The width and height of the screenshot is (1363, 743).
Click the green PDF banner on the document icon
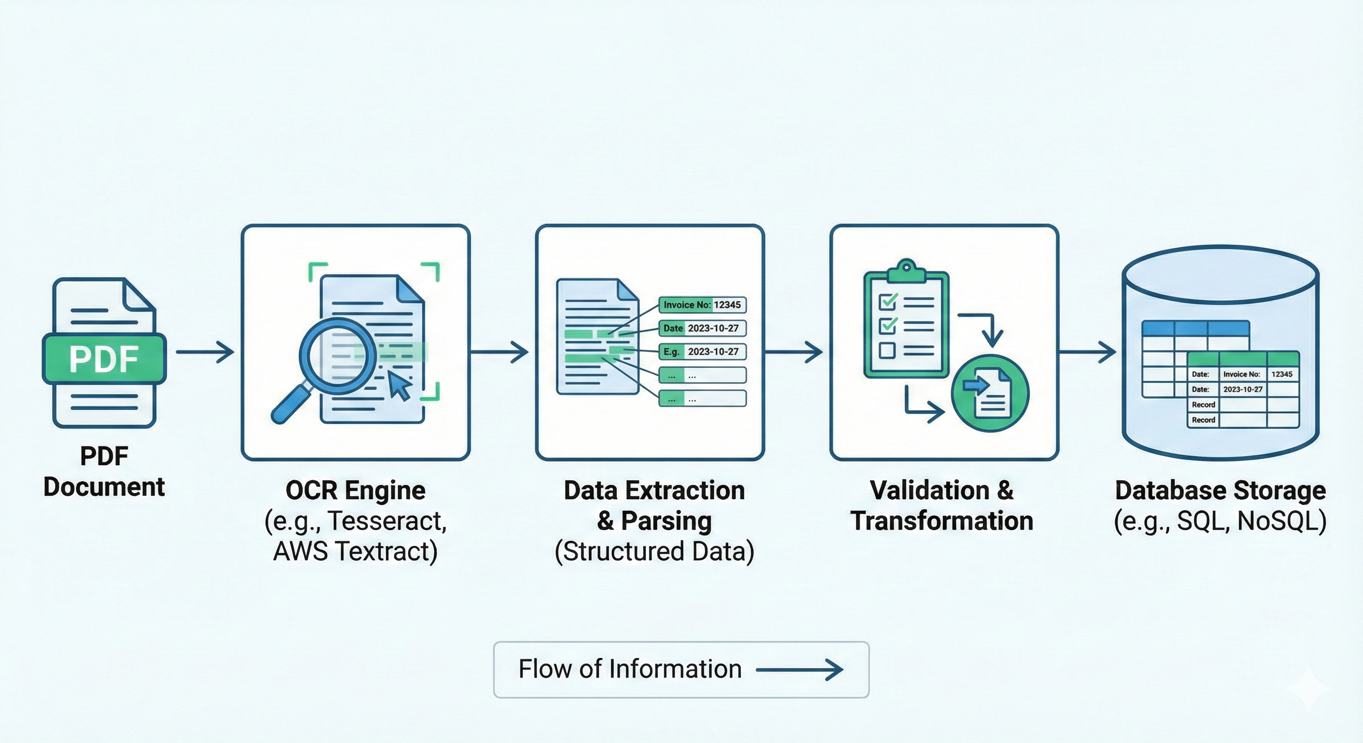(104, 358)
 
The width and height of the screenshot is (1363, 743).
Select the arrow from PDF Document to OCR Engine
(205, 352)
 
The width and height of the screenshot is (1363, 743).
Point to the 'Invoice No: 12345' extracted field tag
(702, 305)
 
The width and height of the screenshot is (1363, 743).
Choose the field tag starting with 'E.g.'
(702, 352)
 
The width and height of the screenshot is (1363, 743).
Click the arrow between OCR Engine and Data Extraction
(499, 352)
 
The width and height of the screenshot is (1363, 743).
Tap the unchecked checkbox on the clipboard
(887, 350)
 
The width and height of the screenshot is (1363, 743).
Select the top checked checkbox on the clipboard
(887, 301)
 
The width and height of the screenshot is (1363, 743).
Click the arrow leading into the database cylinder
(1087, 352)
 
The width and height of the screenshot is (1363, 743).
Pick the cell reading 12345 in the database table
(1282, 374)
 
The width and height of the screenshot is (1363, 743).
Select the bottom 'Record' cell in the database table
(1203, 420)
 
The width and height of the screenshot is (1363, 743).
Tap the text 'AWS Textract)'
(356, 551)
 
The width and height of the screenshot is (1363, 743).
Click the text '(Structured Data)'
(654, 551)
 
